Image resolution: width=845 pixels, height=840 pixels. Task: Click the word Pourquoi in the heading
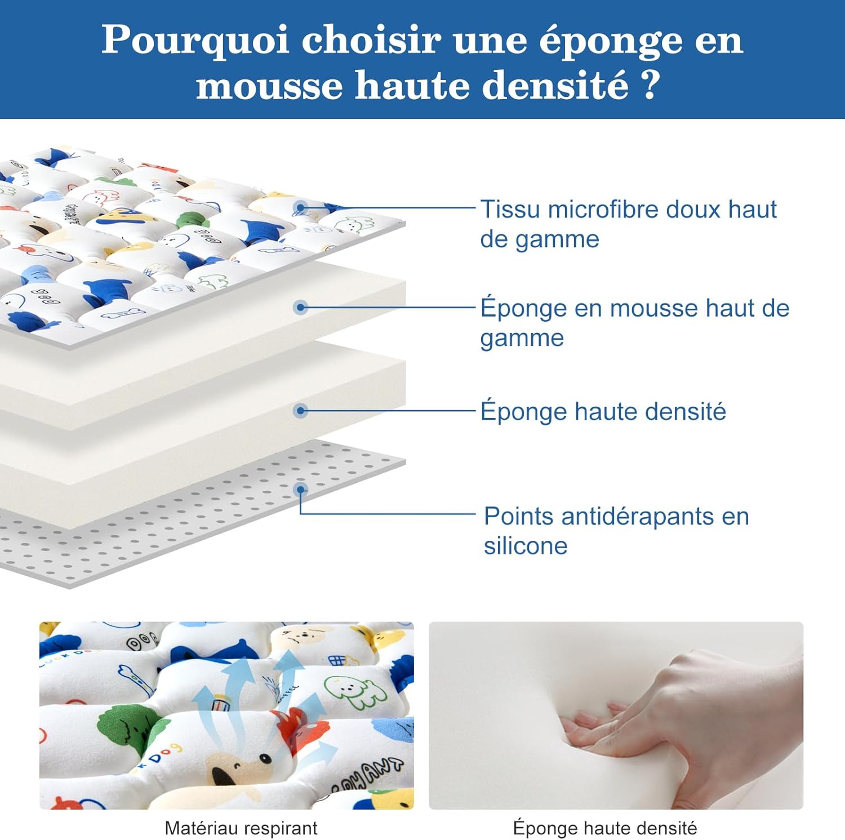coord(195,41)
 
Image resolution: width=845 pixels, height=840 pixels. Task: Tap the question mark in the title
coord(650,85)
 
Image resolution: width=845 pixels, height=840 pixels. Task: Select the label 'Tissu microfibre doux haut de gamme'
coord(628,224)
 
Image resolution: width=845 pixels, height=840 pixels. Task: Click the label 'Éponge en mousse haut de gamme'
coord(634,322)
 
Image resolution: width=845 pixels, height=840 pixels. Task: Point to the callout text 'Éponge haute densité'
coord(603,411)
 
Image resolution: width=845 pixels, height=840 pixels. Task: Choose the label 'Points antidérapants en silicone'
coord(616,530)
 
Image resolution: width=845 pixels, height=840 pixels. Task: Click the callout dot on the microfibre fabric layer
coord(301,208)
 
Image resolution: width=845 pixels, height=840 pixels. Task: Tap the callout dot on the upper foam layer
coord(301,307)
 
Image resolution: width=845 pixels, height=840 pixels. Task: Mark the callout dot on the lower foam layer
coord(301,411)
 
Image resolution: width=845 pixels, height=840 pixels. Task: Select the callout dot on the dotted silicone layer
coord(301,489)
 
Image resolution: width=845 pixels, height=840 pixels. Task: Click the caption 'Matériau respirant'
coord(241,828)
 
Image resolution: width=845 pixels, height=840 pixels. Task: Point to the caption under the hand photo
coord(604,828)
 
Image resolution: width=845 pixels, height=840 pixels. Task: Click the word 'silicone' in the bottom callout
coord(525,546)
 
